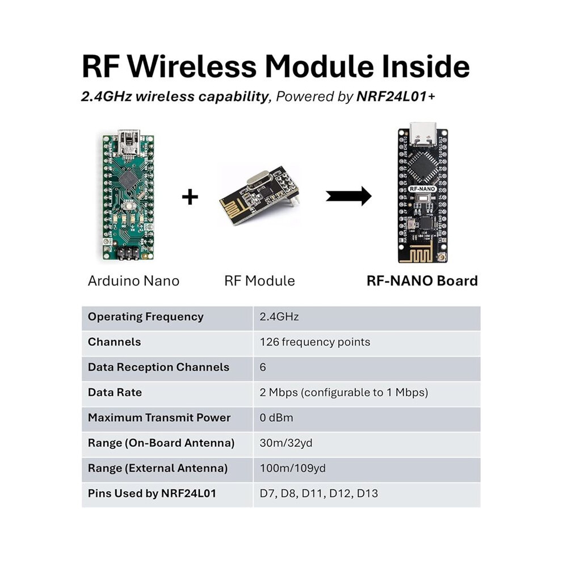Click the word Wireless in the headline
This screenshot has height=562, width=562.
(x=192, y=66)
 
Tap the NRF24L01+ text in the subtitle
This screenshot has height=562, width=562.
(x=396, y=97)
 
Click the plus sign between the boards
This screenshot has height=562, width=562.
(x=190, y=197)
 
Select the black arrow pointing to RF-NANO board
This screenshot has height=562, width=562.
(x=349, y=196)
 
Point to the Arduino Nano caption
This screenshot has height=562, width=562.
(x=133, y=280)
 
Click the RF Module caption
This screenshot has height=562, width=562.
(x=259, y=280)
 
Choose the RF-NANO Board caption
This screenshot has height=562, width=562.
(x=422, y=280)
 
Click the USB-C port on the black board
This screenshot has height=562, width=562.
(x=423, y=134)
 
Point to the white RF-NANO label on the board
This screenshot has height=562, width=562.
(x=422, y=188)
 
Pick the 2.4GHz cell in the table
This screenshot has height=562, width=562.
(x=279, y=317)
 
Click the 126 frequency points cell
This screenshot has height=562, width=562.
(x=315, y=342)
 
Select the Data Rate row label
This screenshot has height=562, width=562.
(x=115, y=392)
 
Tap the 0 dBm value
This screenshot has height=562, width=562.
(x=276, y=418)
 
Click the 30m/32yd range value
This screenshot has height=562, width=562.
(x=286, y=443)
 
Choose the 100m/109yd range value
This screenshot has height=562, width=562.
(x=292, y=468)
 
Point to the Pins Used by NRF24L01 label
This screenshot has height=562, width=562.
(x=152, y=493)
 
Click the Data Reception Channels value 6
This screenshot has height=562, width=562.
(x=263, y=367)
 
